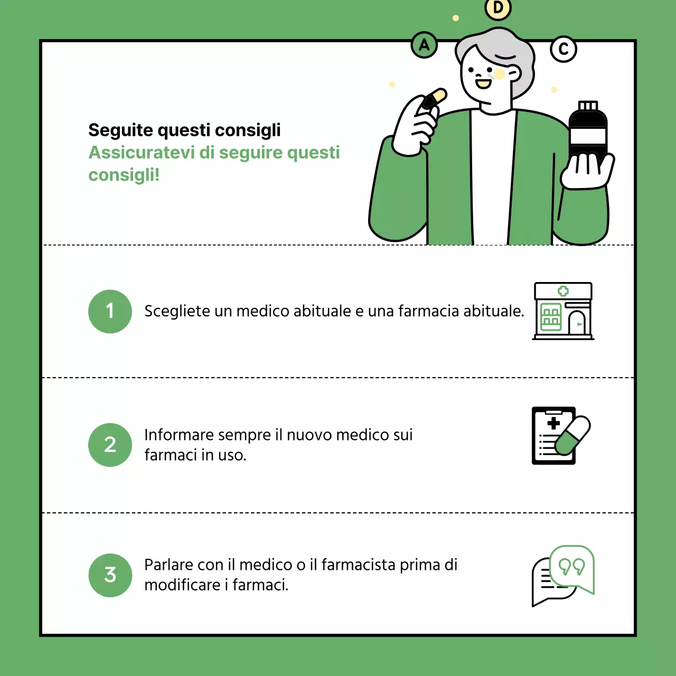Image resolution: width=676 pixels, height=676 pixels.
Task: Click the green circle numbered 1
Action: click(x=110, y=312)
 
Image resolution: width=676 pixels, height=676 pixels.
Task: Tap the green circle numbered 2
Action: click(x=110, y=445)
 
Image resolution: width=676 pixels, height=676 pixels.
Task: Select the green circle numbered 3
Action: click(x=110, y=575)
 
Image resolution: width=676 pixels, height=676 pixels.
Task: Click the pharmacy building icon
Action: click(x=563, y=311)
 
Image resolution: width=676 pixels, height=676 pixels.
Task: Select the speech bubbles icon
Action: click(x=563, y=576)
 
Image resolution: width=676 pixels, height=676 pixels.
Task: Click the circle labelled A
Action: click(x=424, y=45)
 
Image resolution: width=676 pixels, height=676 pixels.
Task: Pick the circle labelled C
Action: click(x=564, y=49)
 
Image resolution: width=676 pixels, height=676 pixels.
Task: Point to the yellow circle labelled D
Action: click(x=497, y=8)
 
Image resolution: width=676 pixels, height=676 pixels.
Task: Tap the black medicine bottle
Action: click(x=588, y=132)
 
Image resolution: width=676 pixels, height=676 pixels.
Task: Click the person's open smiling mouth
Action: click(x=483, y=83)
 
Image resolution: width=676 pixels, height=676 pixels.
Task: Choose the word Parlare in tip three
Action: click(x=168, y=565)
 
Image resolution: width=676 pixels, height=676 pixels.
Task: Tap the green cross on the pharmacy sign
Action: click(x=563, y=291)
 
